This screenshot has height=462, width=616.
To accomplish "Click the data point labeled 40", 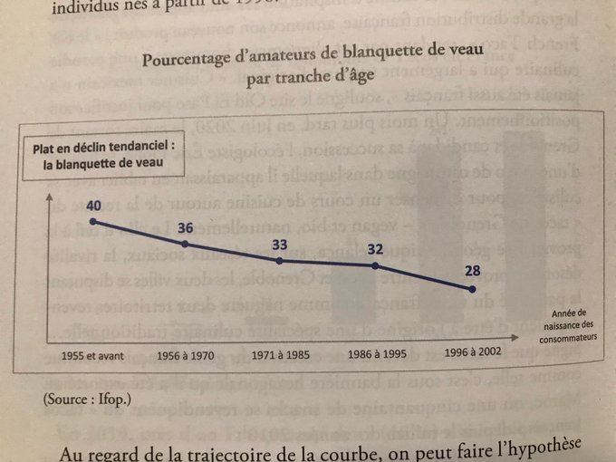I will [94, 221].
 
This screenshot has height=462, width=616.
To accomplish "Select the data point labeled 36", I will [186, 244].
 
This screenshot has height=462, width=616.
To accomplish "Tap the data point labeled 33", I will [280, 260].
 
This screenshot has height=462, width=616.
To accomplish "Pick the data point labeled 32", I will [375, 265].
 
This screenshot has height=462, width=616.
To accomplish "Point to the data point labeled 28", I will [473, 289].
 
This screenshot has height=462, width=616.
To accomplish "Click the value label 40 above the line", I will [94, 205].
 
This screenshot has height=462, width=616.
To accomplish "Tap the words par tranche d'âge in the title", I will [313, 81].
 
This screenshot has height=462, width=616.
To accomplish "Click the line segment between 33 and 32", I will [328, 263].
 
